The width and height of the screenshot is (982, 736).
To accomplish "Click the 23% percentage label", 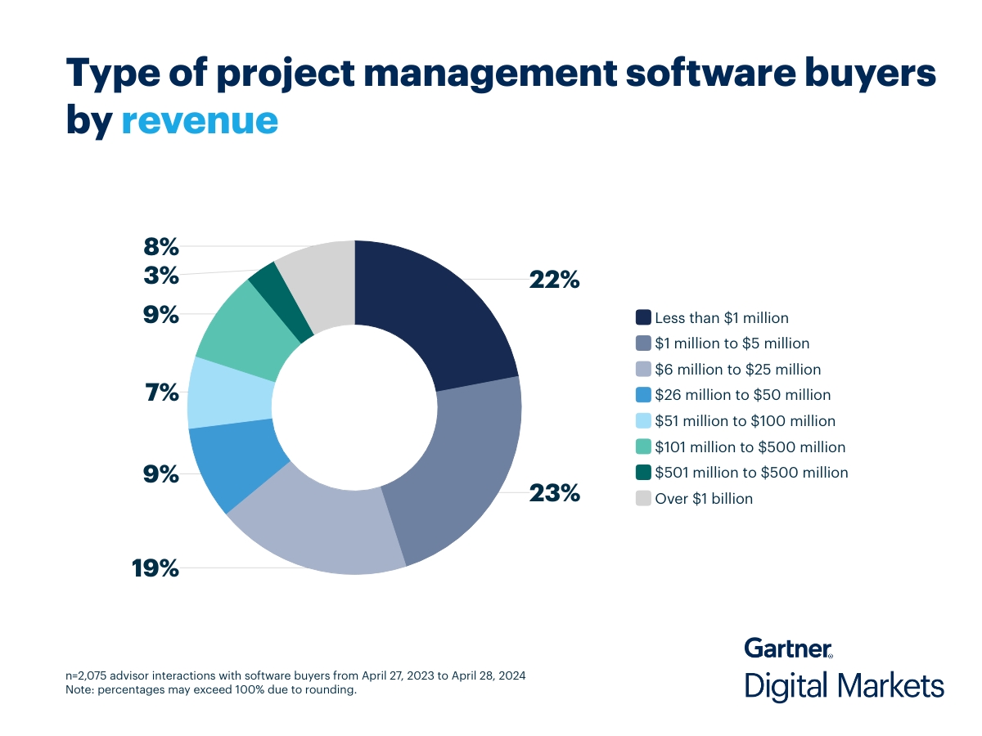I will point(554,493).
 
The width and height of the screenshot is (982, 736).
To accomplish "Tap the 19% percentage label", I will point(155,568).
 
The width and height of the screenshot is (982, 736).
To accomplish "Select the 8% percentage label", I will point(161,246).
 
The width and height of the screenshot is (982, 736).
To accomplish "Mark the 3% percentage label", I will point(161,276).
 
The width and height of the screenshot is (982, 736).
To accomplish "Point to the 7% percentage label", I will point(161,393).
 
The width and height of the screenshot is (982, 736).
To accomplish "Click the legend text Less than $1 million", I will point(722,317).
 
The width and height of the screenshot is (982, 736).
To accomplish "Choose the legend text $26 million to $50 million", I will point(742,395).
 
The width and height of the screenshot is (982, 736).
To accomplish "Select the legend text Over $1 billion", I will point(704,498).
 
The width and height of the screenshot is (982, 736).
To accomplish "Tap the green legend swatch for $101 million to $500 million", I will point(643,447).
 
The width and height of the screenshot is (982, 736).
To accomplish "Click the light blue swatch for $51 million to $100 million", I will point(643,421).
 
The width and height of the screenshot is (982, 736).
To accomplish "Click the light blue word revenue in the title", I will point(200,119).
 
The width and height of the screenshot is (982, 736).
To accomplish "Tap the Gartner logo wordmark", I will point(788,648).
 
